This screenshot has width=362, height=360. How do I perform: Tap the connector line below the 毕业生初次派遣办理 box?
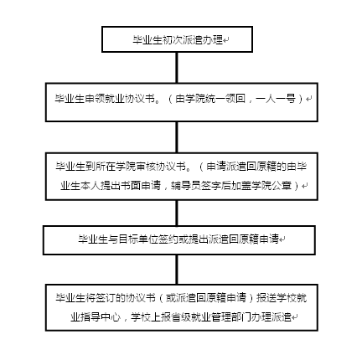(177, 68)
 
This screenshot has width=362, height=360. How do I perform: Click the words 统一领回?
(225, 99)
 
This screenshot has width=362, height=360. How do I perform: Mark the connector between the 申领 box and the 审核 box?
(177, 137)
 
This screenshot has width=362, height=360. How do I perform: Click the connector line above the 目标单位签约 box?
(177, 213)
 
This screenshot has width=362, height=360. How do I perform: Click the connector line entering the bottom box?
(177, 270)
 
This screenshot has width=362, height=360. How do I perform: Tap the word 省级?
(181, 317)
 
